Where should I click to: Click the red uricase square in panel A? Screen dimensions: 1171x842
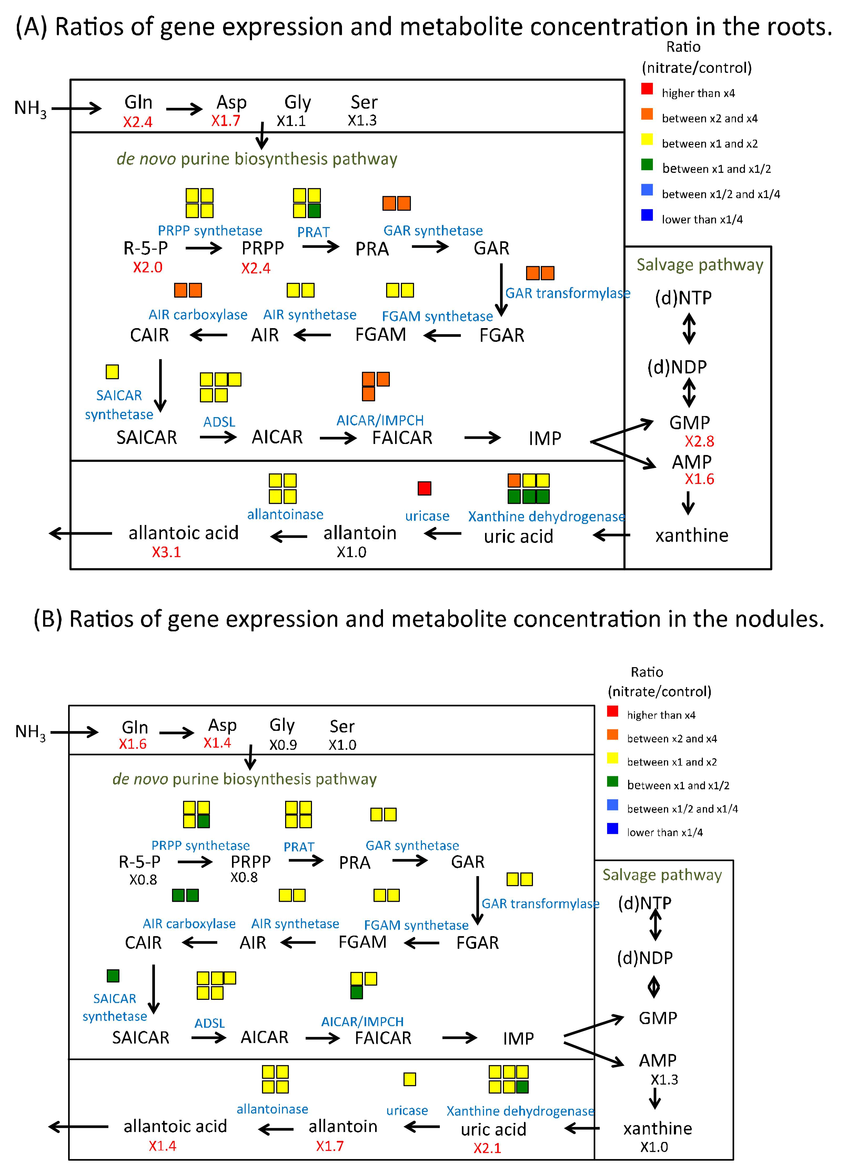(424, 488)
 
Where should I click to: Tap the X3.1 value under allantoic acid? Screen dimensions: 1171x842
(166, 552)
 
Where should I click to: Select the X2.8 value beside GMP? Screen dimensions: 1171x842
(699, 441)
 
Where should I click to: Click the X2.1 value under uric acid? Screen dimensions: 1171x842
(487, 1148)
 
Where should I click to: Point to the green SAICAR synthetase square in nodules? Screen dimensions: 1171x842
(113, 975)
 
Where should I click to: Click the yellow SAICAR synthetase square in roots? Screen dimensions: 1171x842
(112, 371)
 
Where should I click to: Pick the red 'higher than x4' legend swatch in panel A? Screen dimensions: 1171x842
(647, 89)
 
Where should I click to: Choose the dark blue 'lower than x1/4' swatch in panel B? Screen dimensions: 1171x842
(612, 828)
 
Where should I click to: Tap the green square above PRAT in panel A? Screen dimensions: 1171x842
(314, 210)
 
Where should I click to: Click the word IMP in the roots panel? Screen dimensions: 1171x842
(544, 438)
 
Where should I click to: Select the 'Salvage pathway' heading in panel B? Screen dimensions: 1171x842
(662, 875)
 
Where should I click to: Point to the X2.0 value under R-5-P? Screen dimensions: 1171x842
(148, 267)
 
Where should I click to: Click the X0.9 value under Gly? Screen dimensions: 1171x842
(283, 745)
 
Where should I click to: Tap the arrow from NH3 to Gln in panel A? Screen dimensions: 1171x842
(76, 108)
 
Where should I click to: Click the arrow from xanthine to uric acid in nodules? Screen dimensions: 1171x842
(582, 1128)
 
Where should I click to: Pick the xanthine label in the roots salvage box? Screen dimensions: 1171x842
(691, 535)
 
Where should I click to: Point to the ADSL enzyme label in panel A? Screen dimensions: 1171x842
(219, 422)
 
